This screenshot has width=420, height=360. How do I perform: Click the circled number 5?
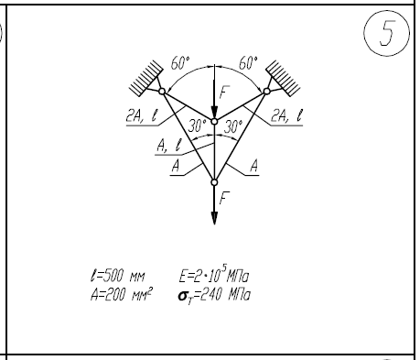387,33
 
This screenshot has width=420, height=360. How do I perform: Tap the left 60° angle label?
180,63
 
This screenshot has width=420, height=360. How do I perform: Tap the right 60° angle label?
248,63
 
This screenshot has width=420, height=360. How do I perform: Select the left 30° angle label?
198,125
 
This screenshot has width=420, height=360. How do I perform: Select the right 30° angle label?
233,125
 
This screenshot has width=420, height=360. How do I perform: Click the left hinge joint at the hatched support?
162,92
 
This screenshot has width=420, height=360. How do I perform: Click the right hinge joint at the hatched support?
267,92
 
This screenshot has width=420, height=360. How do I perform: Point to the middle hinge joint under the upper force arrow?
214,122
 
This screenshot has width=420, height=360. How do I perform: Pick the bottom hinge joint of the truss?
214,182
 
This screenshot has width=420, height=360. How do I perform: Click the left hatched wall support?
146,78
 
